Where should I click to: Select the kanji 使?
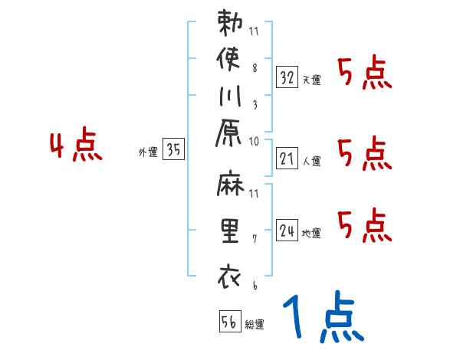(230, 61)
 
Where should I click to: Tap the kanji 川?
(230, 99)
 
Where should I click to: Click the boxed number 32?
(287, 77)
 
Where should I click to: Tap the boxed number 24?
(287, 230)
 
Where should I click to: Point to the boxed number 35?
(174, 150)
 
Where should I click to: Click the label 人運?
(311, 162)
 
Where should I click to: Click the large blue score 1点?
(322, 317)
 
